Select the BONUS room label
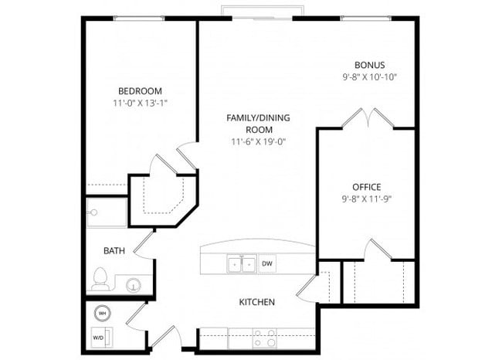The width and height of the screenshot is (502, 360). pyautogui.click(x=369, y=65)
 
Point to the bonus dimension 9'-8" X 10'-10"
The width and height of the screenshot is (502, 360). pyautogui.click(x=369, y=77)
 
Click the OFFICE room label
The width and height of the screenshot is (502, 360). pyautogui.click(x=367, y=186)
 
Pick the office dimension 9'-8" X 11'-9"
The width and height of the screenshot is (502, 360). pyautogui.click(x=367, y=199)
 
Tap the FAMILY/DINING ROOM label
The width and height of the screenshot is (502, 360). pyautogui.click(x=258, y=124)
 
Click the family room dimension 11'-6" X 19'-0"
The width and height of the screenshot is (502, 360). pyautogui.click(x=258, y=142)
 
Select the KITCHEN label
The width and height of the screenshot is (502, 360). pyautogui.click(x=257, y=301)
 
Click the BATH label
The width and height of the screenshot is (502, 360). pyautogui.click(x=115, y=250)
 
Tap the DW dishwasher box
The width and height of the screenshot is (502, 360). pyautogui.click(x=267, y=263)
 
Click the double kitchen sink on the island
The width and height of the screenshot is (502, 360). pyautogui.click(x=241, y=264)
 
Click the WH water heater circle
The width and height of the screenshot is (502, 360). pyautogui.click(x=102, y=313)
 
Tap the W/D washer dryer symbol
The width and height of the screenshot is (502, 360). pyautogui.click(x=101, y=338)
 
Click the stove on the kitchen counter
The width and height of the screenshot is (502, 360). pyautogui.click(x=264, y=338)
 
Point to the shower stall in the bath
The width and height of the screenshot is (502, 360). pyautogui.click(x=106, y=212)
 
